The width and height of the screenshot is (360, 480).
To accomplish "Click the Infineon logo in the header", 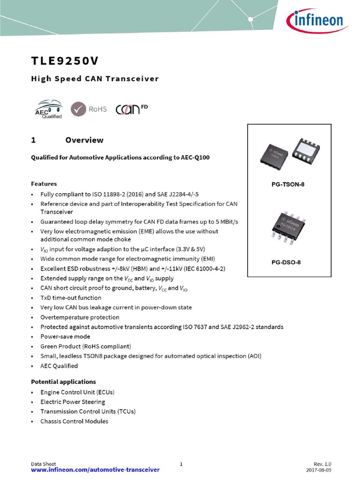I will point(315,21).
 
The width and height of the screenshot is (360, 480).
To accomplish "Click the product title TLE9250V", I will point(65,61).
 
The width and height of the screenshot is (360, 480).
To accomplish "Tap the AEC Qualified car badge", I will point(48,109).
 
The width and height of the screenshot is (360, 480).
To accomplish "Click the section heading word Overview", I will point(84,140).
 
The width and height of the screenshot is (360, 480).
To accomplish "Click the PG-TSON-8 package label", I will point(288,185).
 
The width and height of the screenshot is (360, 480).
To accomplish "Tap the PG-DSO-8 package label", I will point(286,262).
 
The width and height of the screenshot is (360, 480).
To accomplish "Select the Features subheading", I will point(44,184).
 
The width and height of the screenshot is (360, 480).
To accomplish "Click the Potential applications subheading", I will point(63,382).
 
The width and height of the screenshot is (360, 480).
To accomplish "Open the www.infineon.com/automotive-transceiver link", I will point(95,470).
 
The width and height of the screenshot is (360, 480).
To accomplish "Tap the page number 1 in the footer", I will point(181,464).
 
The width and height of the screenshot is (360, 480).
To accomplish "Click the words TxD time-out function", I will point(71,298).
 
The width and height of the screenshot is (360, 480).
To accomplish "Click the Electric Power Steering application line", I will point(73,402).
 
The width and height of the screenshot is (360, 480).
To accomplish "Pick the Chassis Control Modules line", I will point(74,421).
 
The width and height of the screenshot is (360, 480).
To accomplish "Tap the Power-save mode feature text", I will point(65,337).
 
